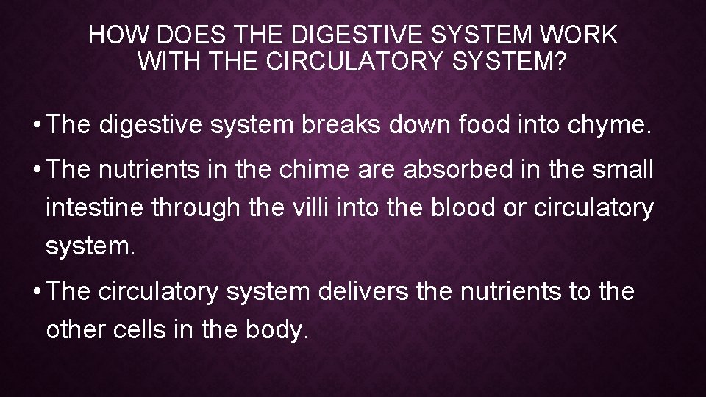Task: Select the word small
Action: [x=622, y=171]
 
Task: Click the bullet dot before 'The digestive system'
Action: [x=35, y=126]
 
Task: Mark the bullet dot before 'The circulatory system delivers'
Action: [x=35, y=292]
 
